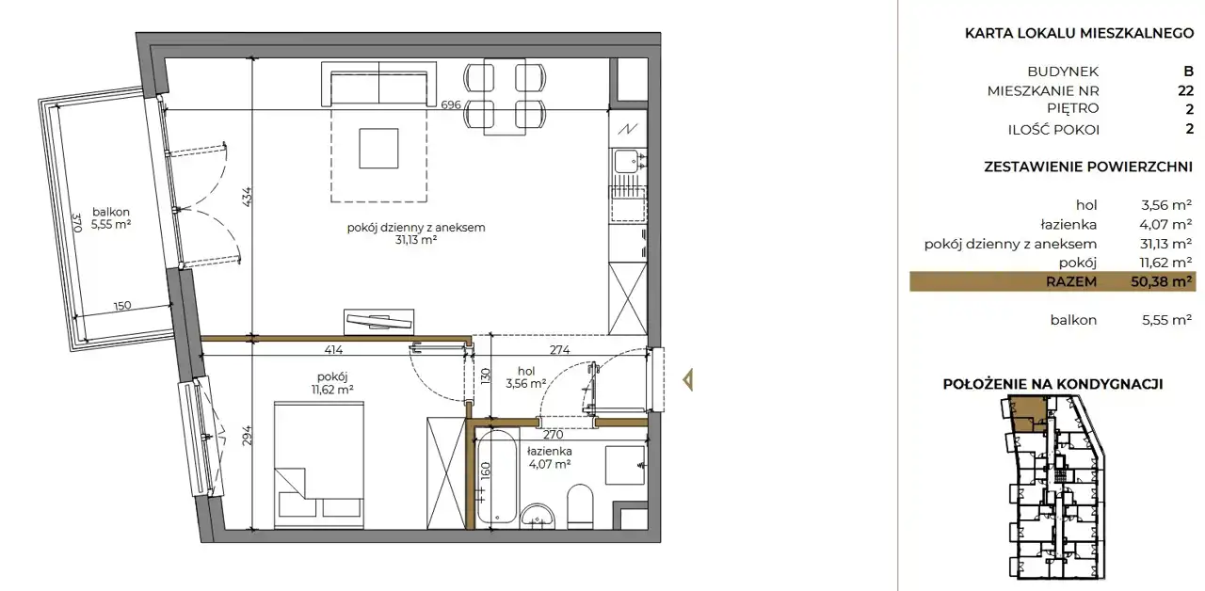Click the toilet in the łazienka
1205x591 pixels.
[x=579, y=506]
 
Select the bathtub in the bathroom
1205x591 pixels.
[x=498, y=477]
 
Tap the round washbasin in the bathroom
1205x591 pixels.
[x=537, y=516]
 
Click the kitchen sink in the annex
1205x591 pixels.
[x=628, y=161]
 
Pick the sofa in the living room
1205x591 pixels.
[x=378, y=84]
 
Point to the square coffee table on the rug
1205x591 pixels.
[x=378, y=148]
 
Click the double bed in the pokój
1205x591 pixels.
[x=319, y=465]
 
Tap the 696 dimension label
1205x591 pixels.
[x=451, y=104]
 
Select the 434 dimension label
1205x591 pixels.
[x=247, y=197]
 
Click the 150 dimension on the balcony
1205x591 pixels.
[x=122, y=306]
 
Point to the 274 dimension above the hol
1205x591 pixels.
[x=559, y=349]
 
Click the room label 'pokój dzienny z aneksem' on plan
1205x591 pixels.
[x=416, y=228]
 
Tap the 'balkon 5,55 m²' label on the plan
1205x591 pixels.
[x=111, y=218]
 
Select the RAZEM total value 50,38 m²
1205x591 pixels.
[x=1161, y=281]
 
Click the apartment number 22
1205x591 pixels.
[x=1185, y=90]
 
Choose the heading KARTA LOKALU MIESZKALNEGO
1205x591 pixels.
[x=1079, y=33]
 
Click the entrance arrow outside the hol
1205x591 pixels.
[x=687, y=380]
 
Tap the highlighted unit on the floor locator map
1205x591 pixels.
[x=1027, y=414]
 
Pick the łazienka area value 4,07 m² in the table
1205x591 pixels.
[x=1165, y=224]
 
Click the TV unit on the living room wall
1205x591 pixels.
[x=378, y=322]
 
